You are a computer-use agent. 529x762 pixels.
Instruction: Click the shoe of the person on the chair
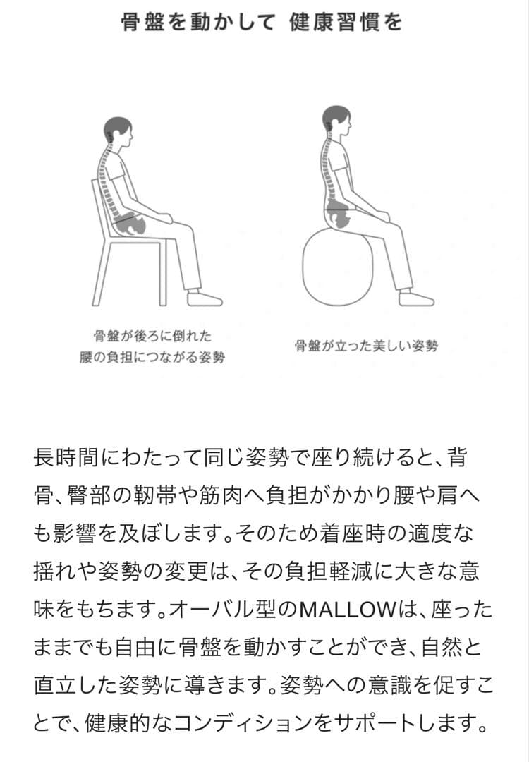point(205,298)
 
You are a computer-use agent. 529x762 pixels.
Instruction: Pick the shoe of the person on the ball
point(416,298)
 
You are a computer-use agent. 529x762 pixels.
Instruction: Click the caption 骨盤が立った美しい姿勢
point(366,346)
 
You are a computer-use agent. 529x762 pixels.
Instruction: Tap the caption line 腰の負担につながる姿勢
point(152,358)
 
